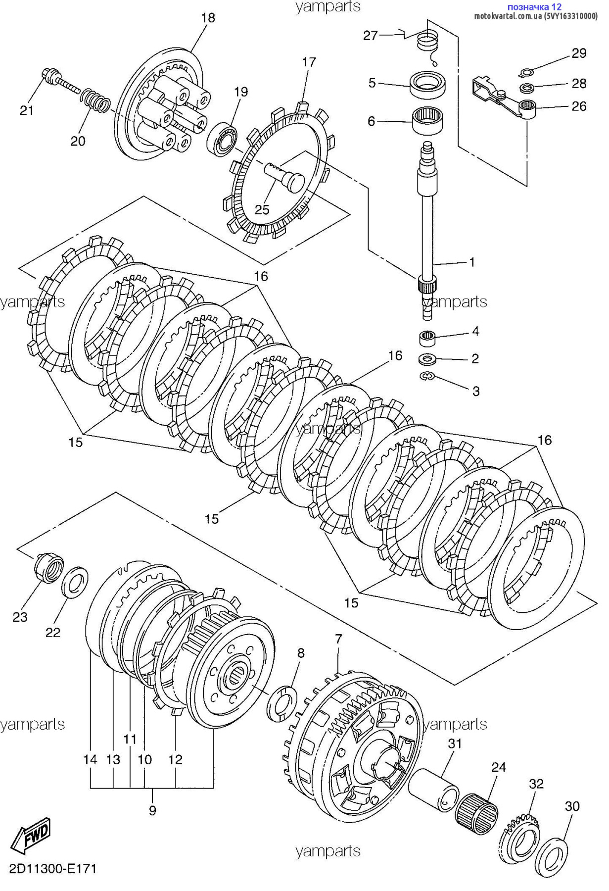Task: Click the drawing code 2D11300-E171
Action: tap(53, 869)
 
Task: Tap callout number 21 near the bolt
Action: tap(27, 110)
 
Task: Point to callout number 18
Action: tap(208, 18)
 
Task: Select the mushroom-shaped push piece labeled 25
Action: tap(283, 175)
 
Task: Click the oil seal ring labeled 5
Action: tap(428, 84)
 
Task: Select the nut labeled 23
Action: tap(49, 570)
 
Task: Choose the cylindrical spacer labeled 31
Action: tap(435, 789)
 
